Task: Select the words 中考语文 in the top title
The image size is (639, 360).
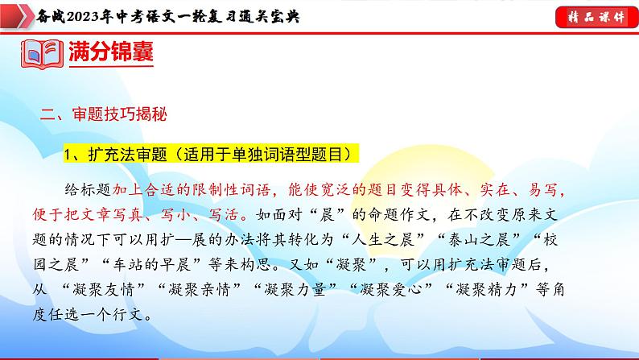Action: tap(150, 17)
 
